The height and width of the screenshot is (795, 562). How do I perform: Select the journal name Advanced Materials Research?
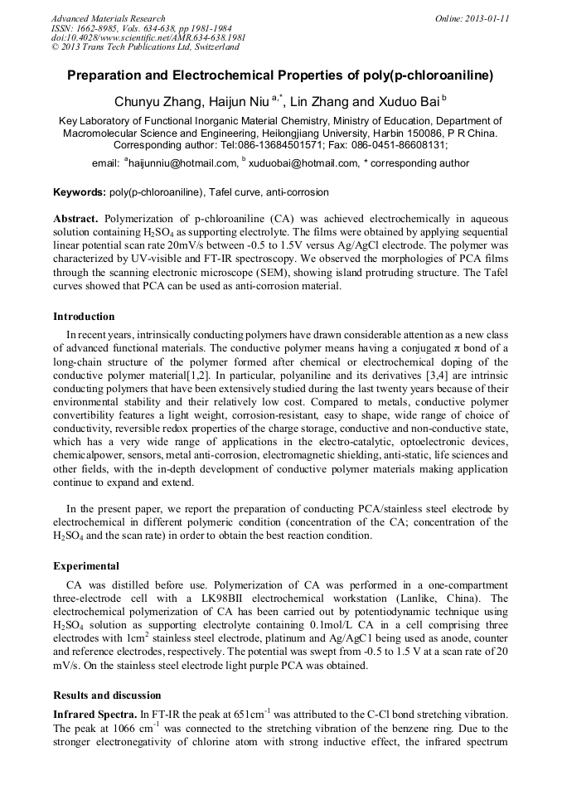pyautogui.click(x=108, y=18)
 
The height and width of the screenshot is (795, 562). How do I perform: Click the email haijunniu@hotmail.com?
pyautogui.click(x=182, y=163)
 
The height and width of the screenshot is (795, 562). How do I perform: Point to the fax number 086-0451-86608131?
pyautogui.click(x=397, y=144)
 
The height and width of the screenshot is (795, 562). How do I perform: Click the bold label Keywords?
pyautogui.click(x=80, y=192)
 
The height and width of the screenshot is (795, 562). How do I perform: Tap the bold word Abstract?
pyautogui.click(x=75, y=217)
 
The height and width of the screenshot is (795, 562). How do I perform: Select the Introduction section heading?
pyautogui.click(x=84, y=316)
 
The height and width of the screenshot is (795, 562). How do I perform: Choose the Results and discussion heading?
pyautogui.click(x=107, y=695)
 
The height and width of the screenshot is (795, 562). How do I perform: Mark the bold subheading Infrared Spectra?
pyautogui.click(x=94, y=712)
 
